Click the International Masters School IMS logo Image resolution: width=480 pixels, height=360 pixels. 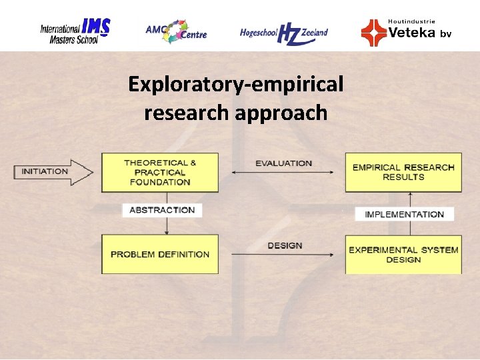[75, 31]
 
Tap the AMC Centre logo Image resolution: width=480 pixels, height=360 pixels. [176, 31]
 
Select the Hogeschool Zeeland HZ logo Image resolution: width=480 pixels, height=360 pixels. [284, 32]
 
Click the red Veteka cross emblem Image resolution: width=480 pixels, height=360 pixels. [373, 33]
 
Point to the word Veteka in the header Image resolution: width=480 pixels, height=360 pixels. [411, 32]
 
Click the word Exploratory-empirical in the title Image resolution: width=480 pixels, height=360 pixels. [236, 85]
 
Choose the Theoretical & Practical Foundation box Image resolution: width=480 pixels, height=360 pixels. [160, 173]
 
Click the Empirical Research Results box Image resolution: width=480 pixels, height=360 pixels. [403, 172]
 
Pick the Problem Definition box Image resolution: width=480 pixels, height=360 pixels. [160, 254]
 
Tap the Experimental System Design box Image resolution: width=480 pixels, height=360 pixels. [403, 254]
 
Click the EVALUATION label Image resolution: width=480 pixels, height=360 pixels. [283, 163]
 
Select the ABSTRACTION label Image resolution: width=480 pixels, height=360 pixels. [162, 210]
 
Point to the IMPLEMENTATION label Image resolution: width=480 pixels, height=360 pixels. [404, 214]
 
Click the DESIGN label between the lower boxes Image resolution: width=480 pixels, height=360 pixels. [285, 245]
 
